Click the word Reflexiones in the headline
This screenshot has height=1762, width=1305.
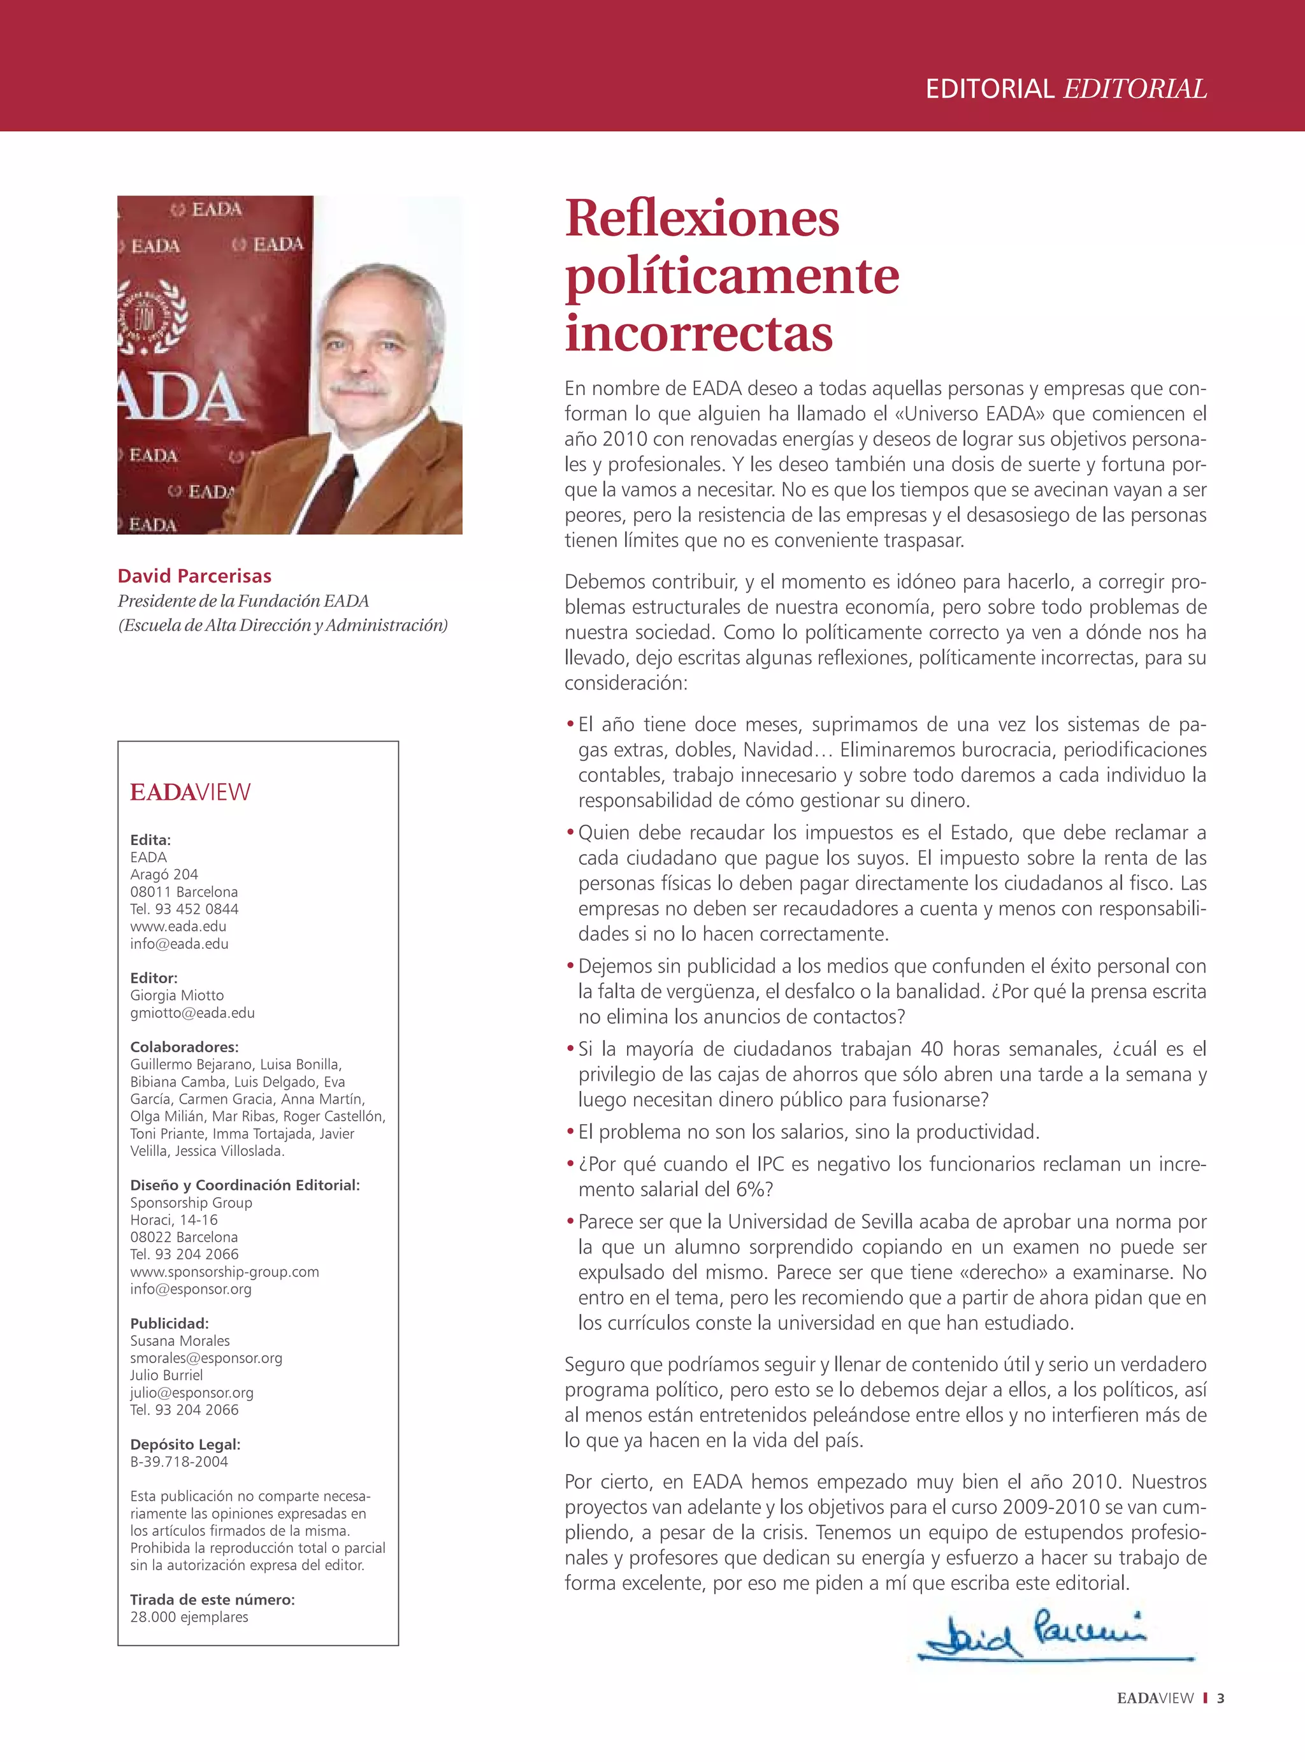coord(702,218)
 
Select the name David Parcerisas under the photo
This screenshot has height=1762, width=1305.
coord(194,575)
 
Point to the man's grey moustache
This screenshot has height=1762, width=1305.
coord(359,389)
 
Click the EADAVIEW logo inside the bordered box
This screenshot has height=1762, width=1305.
coord(191,791)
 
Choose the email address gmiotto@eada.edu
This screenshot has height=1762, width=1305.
coord(192,1013)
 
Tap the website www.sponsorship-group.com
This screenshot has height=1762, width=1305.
coord(224,1271)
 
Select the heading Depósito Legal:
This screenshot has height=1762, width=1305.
coord(185,1444)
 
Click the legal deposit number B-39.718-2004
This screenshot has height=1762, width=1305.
coord(179,1461)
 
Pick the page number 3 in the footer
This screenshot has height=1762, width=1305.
coord(1220,1698)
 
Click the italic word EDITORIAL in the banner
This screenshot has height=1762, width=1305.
coord(1135,89)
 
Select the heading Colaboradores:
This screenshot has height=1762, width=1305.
coord(184,1046)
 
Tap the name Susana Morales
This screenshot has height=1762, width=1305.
coord(180,1340)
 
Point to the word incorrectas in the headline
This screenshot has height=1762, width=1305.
coord(698,333)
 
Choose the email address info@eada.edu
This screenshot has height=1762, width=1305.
coord(179,944)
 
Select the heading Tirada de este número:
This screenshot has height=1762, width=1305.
coord(212,1600)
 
